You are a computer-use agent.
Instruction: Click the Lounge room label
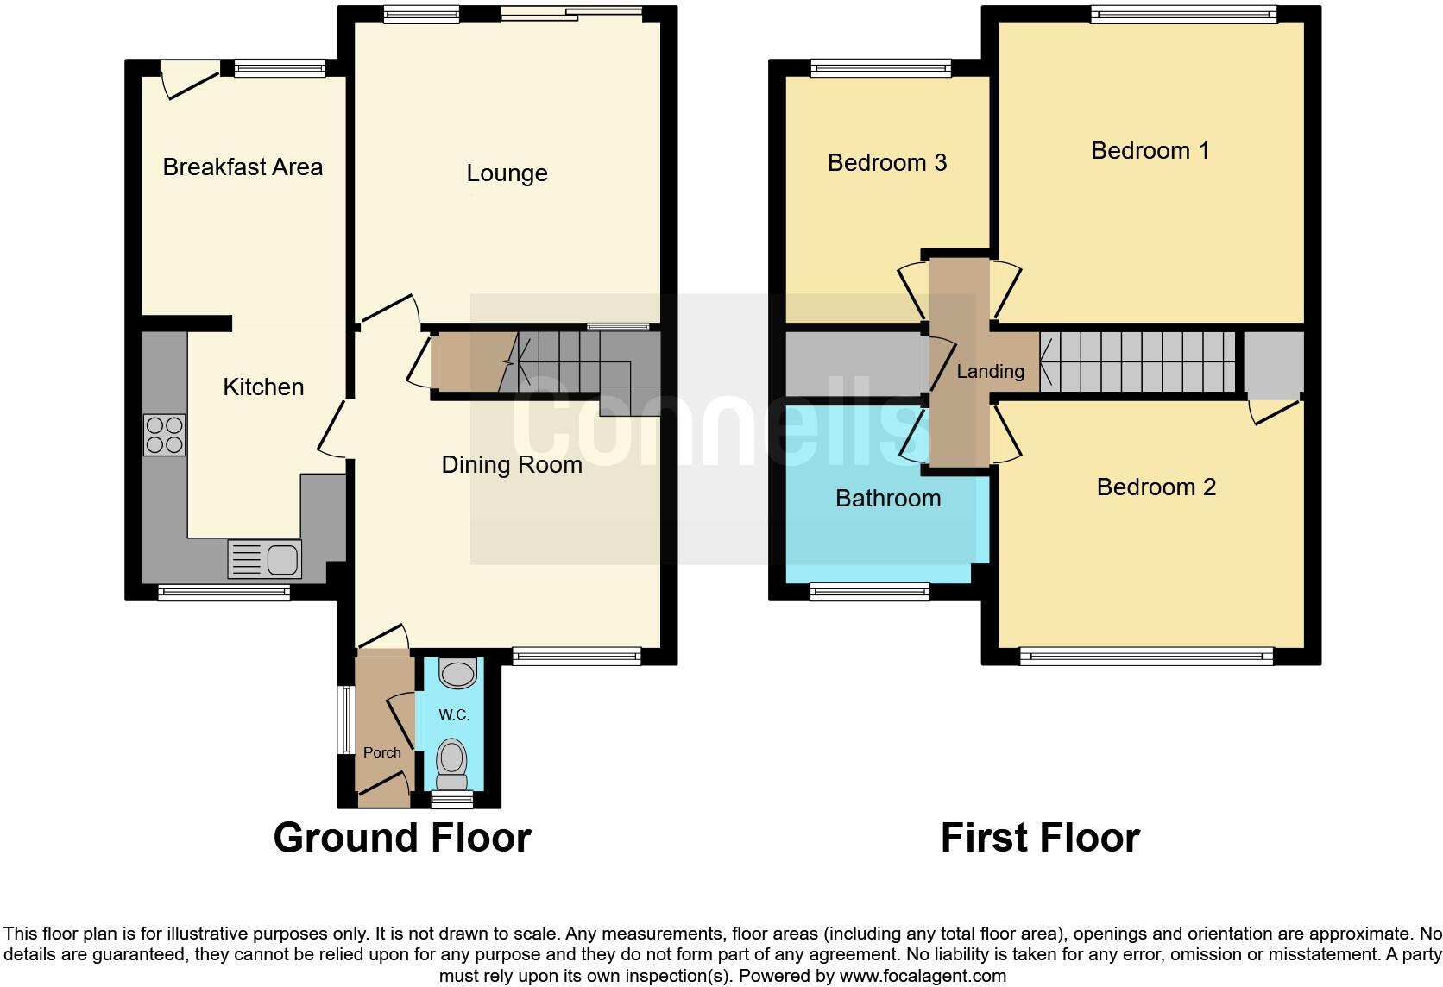click(x=507, y=173)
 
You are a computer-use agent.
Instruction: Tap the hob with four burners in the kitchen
click(x=164, y=435)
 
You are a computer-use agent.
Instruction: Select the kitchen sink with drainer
click(x=264, y=559)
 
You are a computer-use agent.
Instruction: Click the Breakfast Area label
click(x=243, y=167)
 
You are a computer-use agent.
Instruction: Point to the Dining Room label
click(x=511, y=465)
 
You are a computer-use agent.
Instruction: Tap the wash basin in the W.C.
click(x=457, y=673)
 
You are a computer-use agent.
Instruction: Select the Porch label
click(x=381, y=752)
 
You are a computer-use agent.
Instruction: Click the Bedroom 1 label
click(x=1150, y=151)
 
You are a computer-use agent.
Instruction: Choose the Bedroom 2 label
click(x=1156, y=487)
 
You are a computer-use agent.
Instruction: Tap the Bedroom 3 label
click(x=886, y=162)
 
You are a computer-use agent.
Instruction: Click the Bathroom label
click(x=887, y=498)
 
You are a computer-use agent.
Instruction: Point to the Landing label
click(x=990, y=372)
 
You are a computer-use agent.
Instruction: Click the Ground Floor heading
click(x=401, y=838)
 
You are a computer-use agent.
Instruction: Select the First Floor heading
click(x=1039, y=838)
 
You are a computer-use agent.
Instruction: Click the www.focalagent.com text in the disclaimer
click(x=922, y=976)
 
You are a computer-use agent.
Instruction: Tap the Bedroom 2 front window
click(x=1146, y=657)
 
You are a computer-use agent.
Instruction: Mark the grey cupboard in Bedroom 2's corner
click(x=1273, y=364)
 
